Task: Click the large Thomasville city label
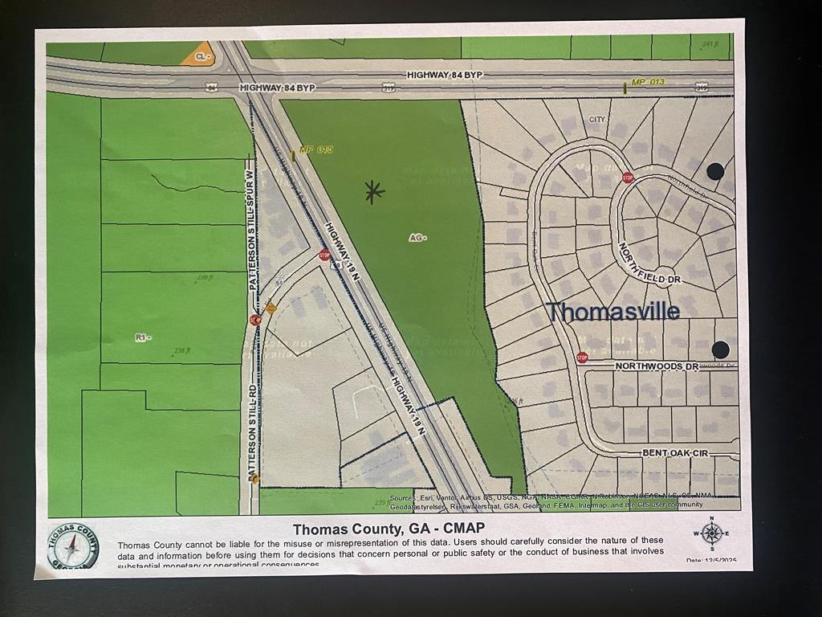(614, 311)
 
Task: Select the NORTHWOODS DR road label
(657, 366)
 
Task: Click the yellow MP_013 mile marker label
(648, 82)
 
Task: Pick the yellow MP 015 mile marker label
(315, 149)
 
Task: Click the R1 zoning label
(143, 337)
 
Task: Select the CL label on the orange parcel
(202, 56)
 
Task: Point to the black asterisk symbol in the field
(373, 191)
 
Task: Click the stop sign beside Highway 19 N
(324, 255)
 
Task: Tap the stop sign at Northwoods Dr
(582, 357)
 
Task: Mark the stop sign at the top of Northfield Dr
(628, 178)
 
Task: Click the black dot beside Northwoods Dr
(720, 349)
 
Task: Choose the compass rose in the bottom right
(711, 533)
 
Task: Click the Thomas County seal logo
(72, 546)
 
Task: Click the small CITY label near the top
(596, 120)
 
